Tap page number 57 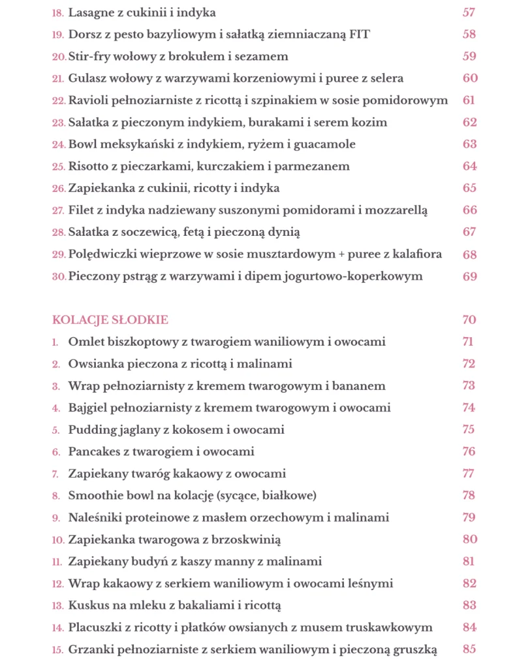tap(469, 12)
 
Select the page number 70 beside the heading tap(469, 319)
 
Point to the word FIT tap(357, 35)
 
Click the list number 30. tap(59, 276)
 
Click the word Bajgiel tap(87, 408)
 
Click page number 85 tap(469, 649)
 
